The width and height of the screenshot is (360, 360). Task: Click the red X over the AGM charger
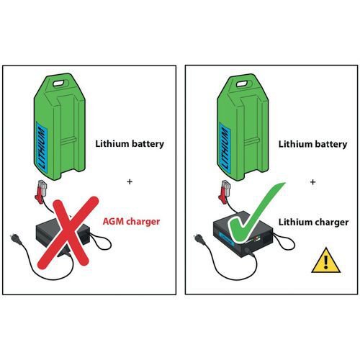click(68, 232)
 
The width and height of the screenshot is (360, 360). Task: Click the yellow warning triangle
click(325, 261)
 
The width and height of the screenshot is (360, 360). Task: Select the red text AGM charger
click(131, 222)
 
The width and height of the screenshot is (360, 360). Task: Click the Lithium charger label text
click(313, 222)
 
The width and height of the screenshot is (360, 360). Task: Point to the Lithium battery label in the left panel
click(130, 144)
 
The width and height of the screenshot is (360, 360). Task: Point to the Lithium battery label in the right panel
click(312, 144)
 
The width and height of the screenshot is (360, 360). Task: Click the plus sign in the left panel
click(130, 181)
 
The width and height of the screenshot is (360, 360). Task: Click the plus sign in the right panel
click(312, 182)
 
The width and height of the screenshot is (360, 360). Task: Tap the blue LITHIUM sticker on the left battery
click(41, 148)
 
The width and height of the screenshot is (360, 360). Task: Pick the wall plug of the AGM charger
click(15, 239)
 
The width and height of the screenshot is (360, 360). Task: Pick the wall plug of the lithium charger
click(199, 240)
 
